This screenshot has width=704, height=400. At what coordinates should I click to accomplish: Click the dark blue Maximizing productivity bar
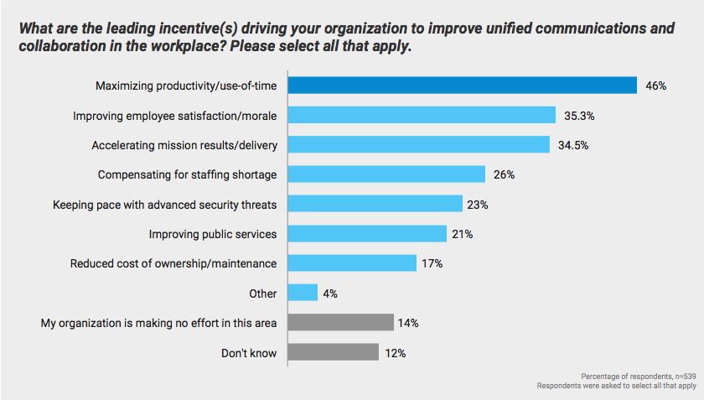[x=463, y=86]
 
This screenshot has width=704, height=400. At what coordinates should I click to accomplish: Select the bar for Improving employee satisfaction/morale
[x=422, y=115]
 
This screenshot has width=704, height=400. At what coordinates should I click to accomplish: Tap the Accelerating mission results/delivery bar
[x=418, y=144]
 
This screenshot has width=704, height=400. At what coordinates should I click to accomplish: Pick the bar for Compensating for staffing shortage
[x=386, y=174]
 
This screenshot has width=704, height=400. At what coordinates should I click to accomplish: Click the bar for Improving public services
[x=367, y=233]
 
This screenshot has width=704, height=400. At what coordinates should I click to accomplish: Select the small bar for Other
[x=303, y=293]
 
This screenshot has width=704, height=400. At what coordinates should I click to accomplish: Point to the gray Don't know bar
[x=333, y=352]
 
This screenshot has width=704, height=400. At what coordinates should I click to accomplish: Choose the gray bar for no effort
[x=340, y=323]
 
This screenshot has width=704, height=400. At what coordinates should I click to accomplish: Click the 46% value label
[x=656, y=86]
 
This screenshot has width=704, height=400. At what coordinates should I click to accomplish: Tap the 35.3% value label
[x=579, y=116]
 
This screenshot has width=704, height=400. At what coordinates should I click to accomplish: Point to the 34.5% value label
[x=573, y=145]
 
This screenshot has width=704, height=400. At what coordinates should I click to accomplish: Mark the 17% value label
[x=432, y=263]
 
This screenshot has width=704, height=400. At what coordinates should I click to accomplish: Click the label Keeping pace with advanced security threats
[x=164, y=204]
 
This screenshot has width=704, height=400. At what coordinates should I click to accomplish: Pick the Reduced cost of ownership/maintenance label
[x=173, y=263]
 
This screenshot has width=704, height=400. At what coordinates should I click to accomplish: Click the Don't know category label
[x=248, y=353]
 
